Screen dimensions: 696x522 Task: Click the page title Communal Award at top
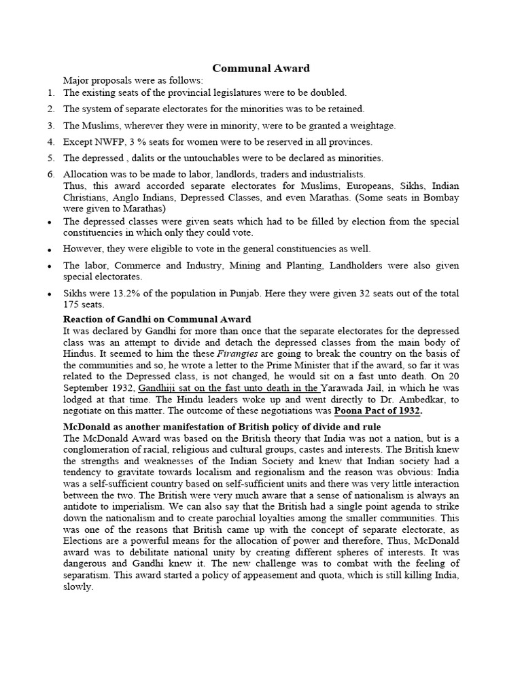(x=261, y=68)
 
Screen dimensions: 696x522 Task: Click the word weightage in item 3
(x=370, y=126)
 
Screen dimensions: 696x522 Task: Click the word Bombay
(x=440, y=197)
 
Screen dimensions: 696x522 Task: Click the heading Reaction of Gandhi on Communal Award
(x=157, y=319)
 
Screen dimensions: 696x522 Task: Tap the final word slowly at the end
(x=77, y=587)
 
